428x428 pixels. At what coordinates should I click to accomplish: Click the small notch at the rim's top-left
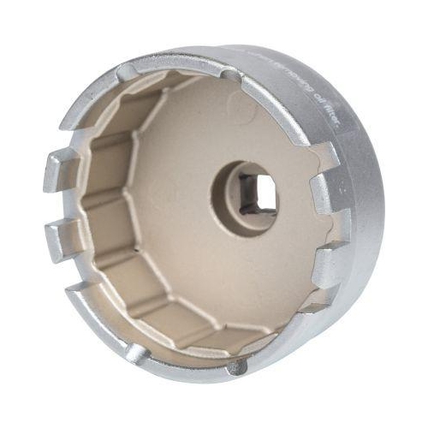(127, 71)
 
